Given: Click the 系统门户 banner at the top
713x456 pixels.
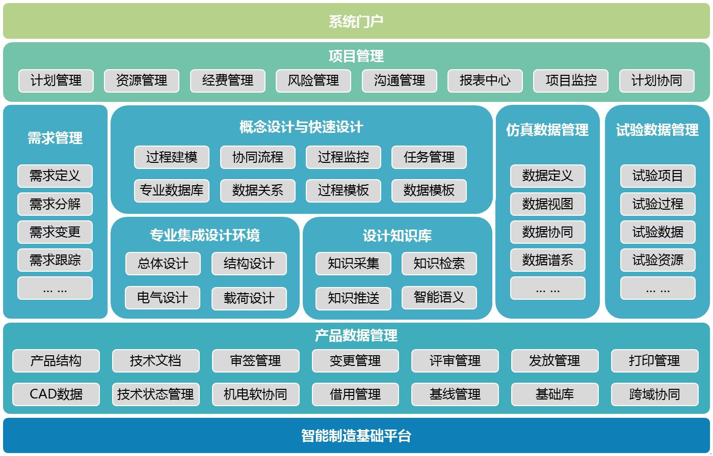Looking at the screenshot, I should click(x=356, y=21).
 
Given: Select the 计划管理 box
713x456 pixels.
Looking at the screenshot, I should click(x=56, y=80).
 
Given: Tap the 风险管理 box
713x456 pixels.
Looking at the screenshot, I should click(x=313, y=80).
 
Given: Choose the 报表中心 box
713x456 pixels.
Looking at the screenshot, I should click(x=485, y=80).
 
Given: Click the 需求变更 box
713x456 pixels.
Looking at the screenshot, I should click(x=55, y=232).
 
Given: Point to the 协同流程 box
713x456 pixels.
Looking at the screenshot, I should click(x=257, y=157).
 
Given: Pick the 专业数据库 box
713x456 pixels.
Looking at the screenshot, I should click(x=172, y=191).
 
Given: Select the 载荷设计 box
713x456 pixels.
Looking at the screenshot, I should click(x=249, y=298).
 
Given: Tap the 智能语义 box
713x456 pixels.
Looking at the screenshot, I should click(x=439, y=298).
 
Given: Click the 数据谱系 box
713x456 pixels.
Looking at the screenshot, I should click(x=547, y=260).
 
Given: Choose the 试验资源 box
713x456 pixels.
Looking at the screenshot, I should click(x=657, y=260).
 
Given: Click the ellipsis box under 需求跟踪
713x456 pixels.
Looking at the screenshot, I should click(x=55, y=289).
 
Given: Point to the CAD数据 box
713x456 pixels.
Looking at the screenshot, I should click(x=56, y=394).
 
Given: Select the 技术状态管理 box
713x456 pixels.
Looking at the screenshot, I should click(x=155, y=394).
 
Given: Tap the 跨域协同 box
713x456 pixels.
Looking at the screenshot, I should click(x=654, y=394).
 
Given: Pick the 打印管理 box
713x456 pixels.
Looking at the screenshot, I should click(x=654, y=361).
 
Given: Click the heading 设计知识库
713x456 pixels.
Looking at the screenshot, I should click(x=397, y=236).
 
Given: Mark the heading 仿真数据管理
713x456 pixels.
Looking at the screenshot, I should click(x=547, y=130).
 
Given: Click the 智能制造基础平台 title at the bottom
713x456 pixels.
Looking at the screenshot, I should click(x=356, y=436).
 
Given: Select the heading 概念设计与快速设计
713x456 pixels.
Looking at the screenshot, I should click(x=301, y=127).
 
